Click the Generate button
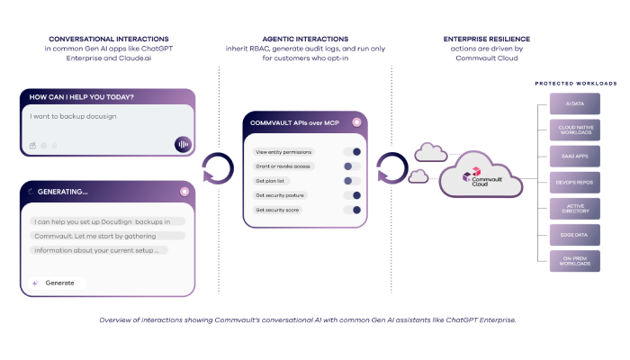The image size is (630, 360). point(55,283)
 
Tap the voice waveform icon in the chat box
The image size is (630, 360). point(183,144)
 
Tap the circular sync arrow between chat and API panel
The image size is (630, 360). point(218,166)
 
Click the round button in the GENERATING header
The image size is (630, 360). point(184,191)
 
